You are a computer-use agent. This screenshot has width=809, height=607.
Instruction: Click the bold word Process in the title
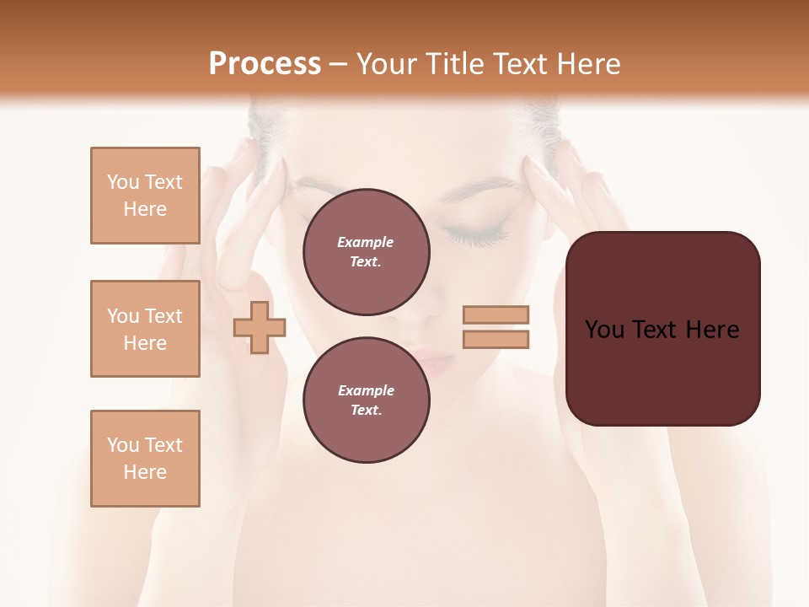(265, 64)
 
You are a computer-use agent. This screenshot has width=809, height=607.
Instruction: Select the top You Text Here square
(145, 196)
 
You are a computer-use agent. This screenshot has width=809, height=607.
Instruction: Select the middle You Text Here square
(145, 329)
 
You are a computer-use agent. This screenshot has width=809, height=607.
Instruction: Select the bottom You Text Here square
(145, 459)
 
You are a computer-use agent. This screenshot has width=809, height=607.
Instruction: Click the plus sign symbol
(259, 327)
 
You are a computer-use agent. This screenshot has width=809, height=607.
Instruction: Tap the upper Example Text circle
(366, 252)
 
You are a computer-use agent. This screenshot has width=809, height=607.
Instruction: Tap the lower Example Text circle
(366, 400)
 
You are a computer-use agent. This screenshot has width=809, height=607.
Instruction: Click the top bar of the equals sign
(496, 314)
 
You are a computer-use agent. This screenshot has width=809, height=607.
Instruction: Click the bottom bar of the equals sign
(496, 340)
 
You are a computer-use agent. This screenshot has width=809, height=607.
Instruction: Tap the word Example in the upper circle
(366, 242)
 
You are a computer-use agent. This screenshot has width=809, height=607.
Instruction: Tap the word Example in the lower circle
(366, 390)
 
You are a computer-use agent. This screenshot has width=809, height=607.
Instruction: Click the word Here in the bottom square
(145, 472)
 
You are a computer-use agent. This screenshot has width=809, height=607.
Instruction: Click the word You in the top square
(123, 182)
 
